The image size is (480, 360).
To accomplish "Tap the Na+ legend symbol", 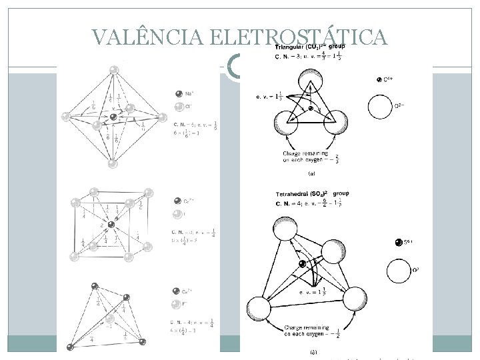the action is click(x=179, y=93).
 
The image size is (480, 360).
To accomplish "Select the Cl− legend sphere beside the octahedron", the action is click(x=179, y=107).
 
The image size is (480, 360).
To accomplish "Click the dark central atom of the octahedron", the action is click(x=114, y=117).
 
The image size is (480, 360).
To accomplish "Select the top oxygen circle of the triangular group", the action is click(x=311, y=85).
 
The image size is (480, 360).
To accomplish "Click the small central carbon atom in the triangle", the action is click(x=310, y=109).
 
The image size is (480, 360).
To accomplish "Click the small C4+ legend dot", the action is click(x=379, y=80).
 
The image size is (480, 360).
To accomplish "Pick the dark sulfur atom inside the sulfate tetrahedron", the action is click(x=303, y=265).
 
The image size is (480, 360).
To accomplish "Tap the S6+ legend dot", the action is click(x=398, y=243).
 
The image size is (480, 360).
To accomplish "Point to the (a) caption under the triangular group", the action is click(x=311, y=175).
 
